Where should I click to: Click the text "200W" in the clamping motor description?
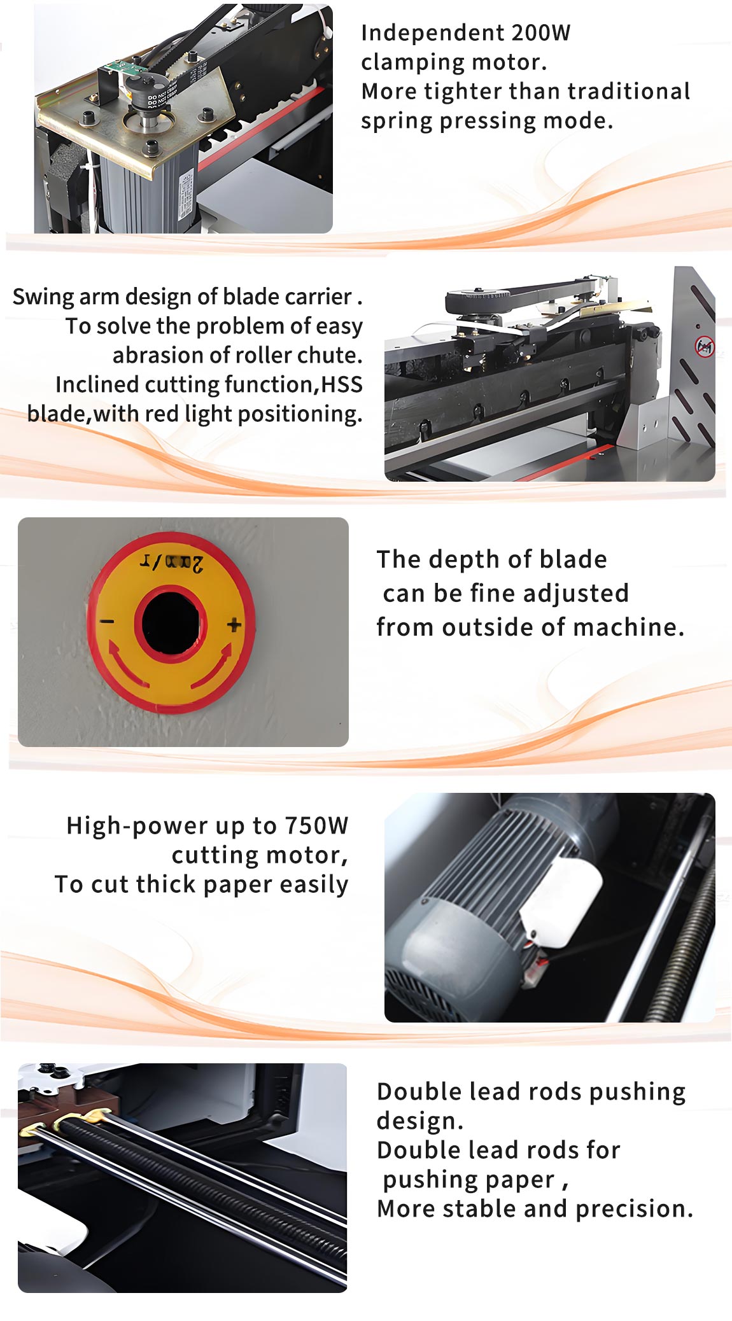click(540, 32)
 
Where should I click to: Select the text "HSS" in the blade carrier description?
click(342, 384)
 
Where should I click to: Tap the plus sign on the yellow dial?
click(234, 625)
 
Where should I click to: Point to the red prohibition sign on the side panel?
click(704, 347)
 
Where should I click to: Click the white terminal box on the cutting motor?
click(561, 901)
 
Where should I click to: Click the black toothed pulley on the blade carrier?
click(478, 300)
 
